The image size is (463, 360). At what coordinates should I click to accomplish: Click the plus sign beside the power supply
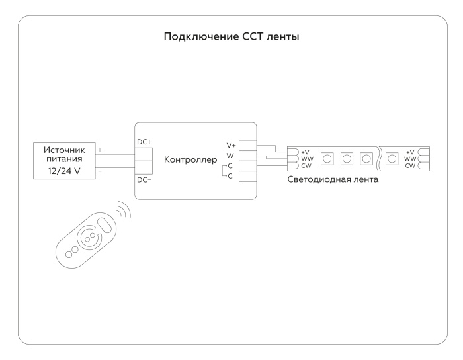click(x=99, y=150)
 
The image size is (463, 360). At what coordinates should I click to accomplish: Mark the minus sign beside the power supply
click(x=99, y=170)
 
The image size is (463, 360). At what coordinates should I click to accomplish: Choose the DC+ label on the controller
click(x=144, y=141)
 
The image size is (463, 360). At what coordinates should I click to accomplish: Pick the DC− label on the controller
click(x=144, y=179)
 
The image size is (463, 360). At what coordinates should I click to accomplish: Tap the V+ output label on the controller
click(x=231, y=146)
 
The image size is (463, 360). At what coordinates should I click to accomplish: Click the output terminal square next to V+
click(x=247, y=145)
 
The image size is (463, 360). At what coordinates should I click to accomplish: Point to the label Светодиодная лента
click(x=333, y=180)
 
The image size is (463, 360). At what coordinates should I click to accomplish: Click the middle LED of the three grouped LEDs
click(x=346, y=159)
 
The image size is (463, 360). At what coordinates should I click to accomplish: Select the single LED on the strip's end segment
click(x=391, y=159)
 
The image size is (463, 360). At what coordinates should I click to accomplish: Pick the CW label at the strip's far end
click(x=410, y=165)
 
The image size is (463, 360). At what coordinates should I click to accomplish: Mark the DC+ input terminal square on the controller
click(x=144, y=154)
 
